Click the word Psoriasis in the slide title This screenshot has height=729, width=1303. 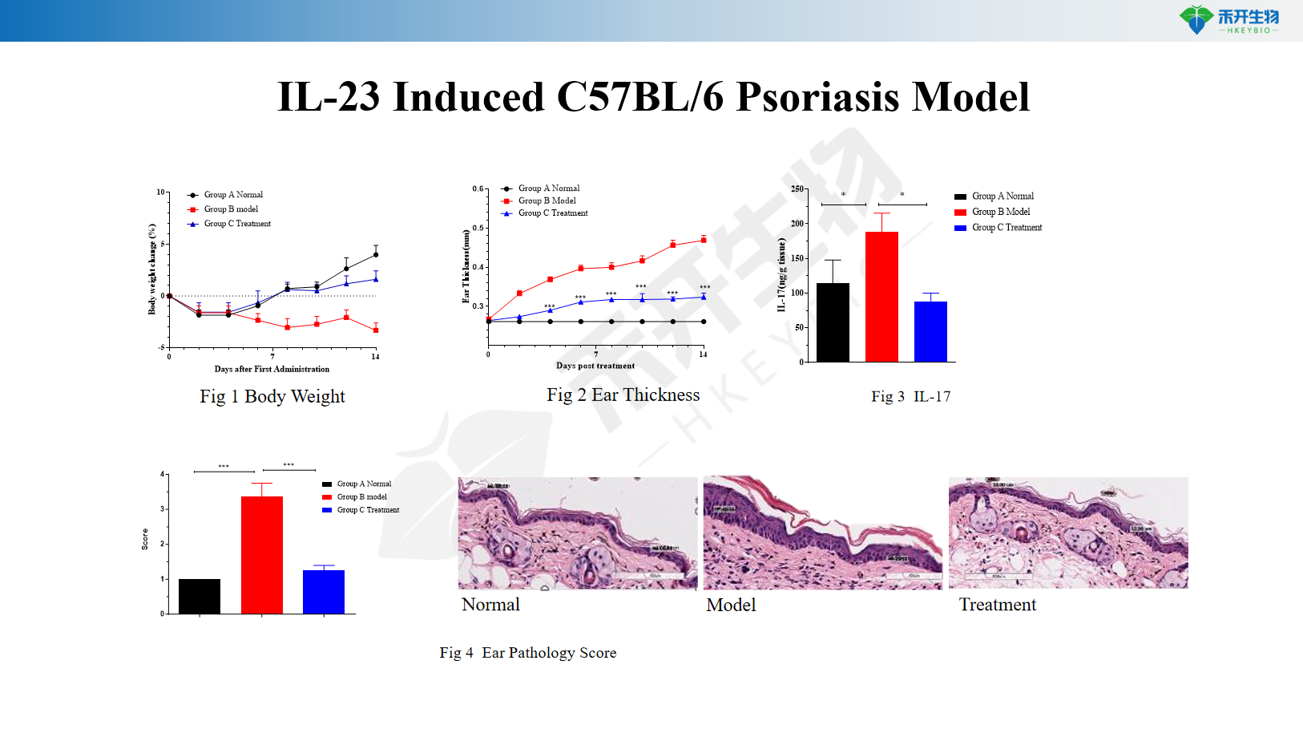[817, 97]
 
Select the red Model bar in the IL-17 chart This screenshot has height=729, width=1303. [881, 297]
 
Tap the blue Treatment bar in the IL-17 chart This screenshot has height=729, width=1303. [930, 331]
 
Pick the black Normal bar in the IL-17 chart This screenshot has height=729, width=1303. [833, 322]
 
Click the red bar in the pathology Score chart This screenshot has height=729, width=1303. [262, 555]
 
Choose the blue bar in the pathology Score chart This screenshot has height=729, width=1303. [324, 592]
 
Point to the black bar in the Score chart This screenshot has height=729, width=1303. [200, 596]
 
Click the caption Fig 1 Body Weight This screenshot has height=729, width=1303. [272, 396]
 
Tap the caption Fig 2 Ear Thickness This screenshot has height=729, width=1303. [623, 395]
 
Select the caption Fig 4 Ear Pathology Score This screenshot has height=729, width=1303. [528, 653]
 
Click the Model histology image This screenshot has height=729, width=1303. [822, 533]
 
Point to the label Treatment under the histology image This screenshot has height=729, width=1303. [997, 605]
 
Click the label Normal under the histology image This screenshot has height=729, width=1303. [490, 605]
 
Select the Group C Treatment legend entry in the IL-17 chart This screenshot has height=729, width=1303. [1006, 228]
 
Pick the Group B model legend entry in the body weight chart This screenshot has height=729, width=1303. [231, 209]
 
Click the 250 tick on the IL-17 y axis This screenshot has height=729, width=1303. [797, 189]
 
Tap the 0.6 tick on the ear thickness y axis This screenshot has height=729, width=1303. [478, 189]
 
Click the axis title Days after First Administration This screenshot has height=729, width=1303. [272, 369]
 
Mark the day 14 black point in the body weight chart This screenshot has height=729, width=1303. [375, 255]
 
